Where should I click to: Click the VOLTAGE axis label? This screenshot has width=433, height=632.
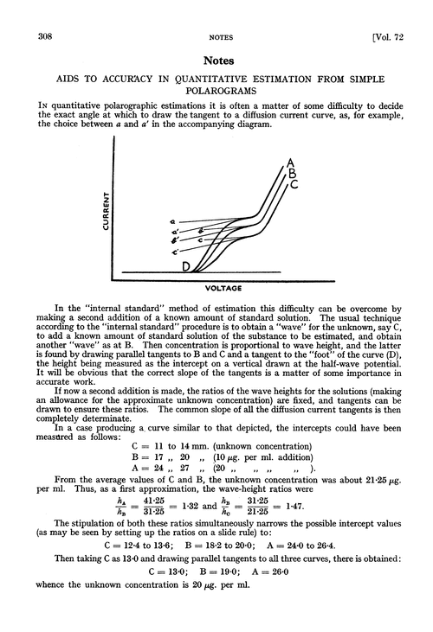tap(223, 287)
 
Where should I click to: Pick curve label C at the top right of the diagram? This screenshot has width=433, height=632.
tap(295, 183)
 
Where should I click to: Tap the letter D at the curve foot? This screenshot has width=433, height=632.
tap(185, 269)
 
